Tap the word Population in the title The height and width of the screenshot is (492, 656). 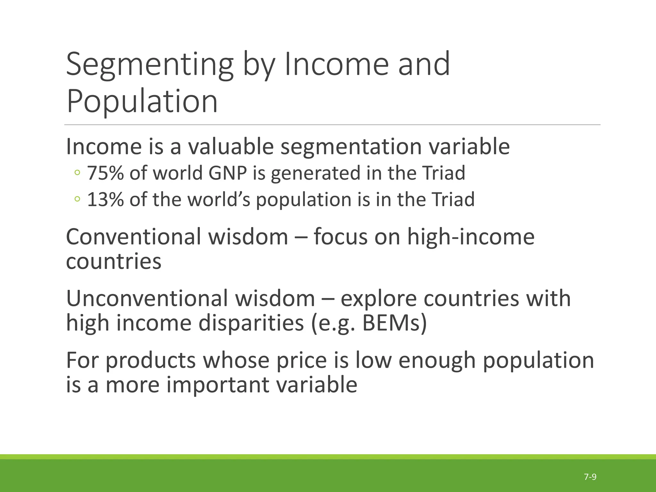(x=142, y=101)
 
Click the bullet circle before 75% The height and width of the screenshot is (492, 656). (x=77, y=173)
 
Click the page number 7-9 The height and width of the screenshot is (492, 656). (x=590, y=477)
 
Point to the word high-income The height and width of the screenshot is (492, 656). (x=471, y=237)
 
